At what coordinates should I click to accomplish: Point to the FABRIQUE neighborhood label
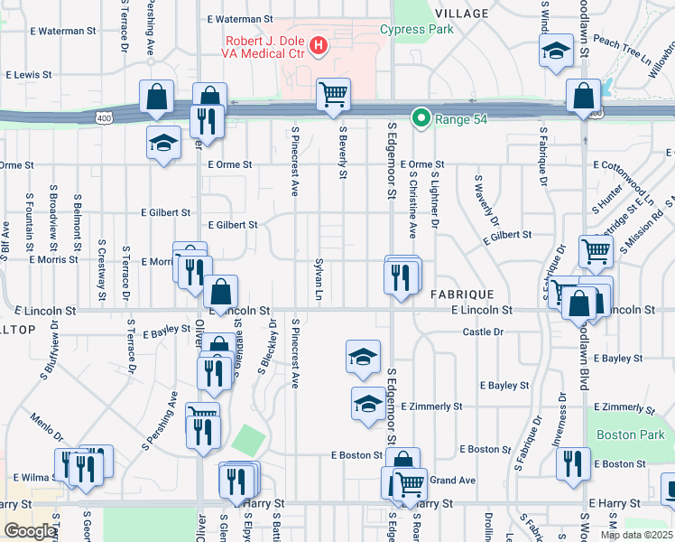tap(461, 295)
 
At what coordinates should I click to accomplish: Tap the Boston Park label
tap(617, 434)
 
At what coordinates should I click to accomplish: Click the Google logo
tap(30, 530)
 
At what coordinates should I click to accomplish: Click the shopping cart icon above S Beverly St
tap(333, 94)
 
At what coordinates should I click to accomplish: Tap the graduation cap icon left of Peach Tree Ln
tap(557, 51)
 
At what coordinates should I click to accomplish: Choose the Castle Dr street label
tap(483, 332)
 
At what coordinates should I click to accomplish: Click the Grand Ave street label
tap(453, 480)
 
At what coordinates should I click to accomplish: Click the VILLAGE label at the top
tap(461, 14)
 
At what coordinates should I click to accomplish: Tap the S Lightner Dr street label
tap(434, 200)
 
